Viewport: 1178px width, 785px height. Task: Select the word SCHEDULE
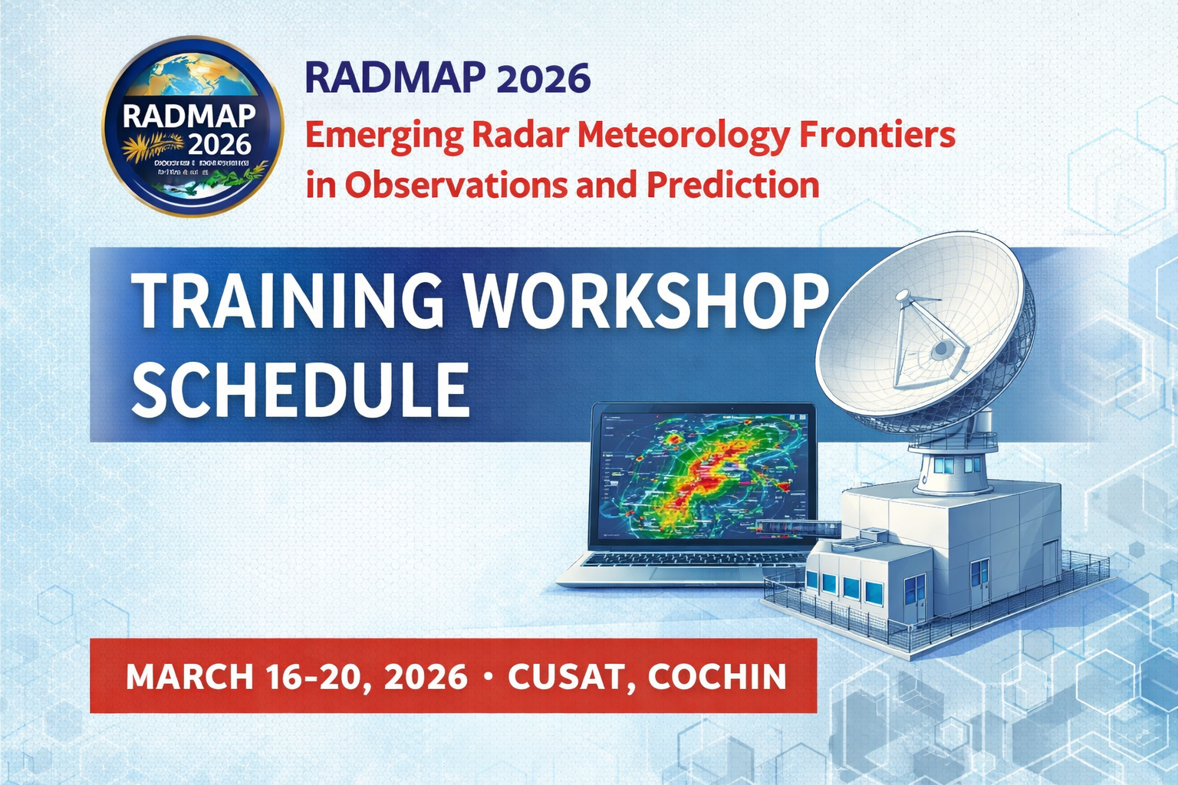pyautogui.click(x=300, y=389)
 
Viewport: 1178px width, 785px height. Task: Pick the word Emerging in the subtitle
pyautogui.click(x=383, y=136)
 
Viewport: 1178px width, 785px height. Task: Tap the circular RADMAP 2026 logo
pyautogui.click(x=192, y=126)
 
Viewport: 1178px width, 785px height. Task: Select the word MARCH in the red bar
pyautogui.click(x=189, y=677)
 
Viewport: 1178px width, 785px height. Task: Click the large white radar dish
pyautogui.click(x=920, y=330)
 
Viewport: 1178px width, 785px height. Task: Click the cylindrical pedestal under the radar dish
pyautogui.click(x=953, y=468)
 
